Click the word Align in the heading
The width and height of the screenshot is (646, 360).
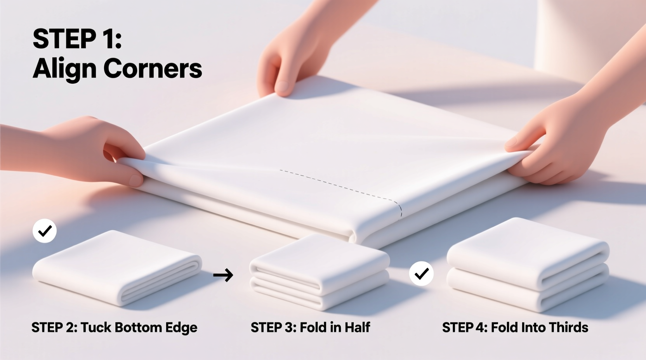[64, 69]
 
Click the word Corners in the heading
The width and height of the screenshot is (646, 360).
[153, 69]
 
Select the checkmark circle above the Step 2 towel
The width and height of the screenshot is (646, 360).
[45, 231]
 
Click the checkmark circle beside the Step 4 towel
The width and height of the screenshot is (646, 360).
[421, 274]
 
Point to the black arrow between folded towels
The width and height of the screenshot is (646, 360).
[223, 275]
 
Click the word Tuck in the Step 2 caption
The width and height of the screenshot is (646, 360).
[96, 327]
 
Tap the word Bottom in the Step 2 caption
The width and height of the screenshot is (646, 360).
[138, 327]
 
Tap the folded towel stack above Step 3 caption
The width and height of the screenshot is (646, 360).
[319, 272]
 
